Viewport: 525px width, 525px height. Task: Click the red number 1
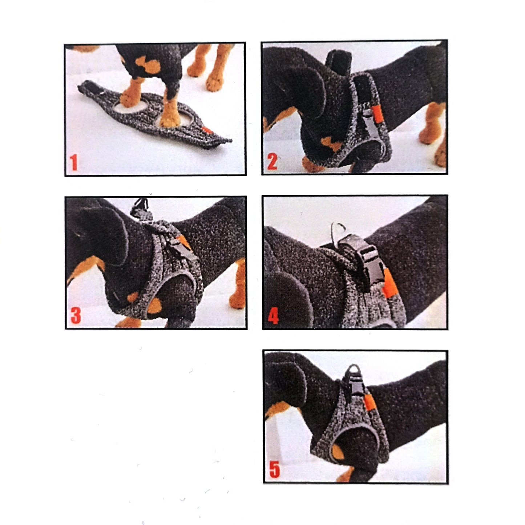tap(74, 162)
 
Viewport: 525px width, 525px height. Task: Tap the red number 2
tap(272, 162)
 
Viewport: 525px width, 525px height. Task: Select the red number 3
tap(75, 316)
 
